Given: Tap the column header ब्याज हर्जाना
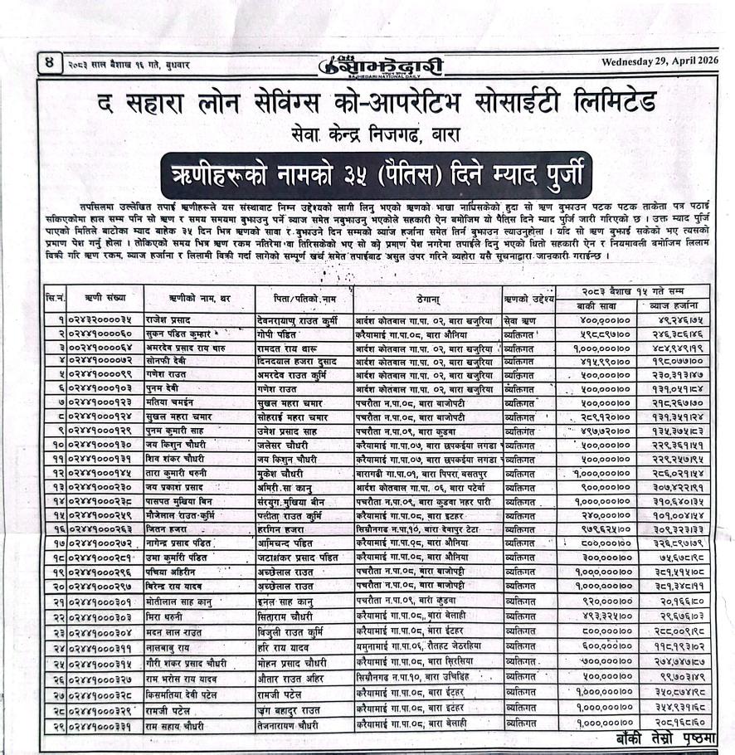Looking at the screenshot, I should (675, 304).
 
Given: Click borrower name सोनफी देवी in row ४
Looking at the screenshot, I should (170, 363).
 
